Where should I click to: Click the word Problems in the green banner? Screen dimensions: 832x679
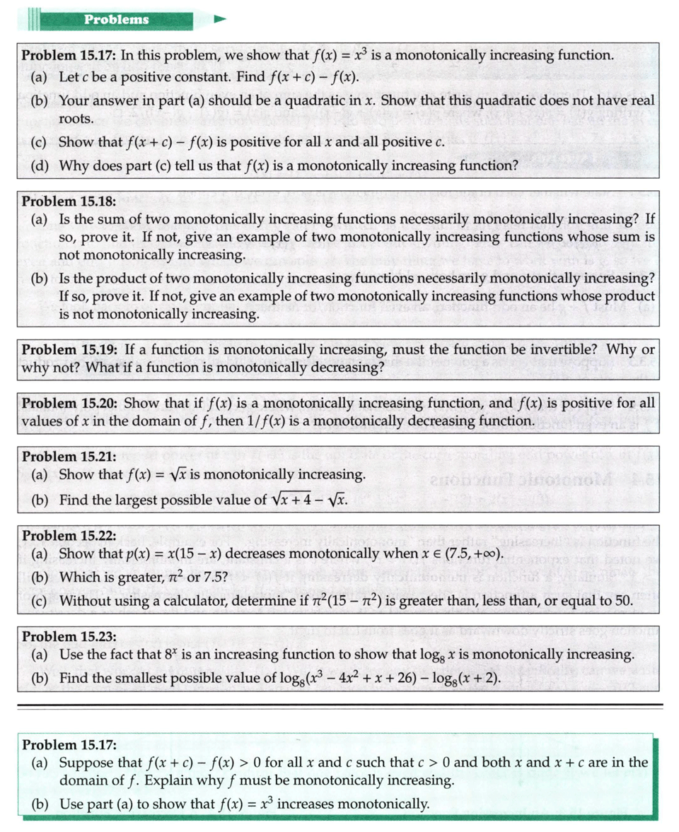(117, 19)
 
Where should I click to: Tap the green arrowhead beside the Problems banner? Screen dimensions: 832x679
(220, 19)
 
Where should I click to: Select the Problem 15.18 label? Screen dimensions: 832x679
(69, 201)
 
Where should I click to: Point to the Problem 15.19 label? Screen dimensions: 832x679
(69, 349)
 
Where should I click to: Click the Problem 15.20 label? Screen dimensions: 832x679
(69, 403)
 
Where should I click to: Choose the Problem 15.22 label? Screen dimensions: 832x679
(69, 535)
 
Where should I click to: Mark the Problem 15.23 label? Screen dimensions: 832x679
(69, 636)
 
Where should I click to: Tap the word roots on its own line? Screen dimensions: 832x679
(76, 118)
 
